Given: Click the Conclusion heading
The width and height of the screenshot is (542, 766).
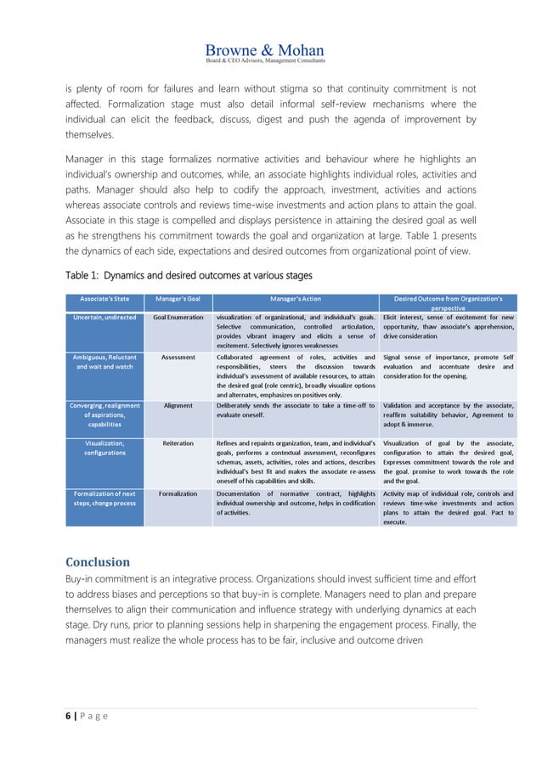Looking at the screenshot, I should click(98, 561).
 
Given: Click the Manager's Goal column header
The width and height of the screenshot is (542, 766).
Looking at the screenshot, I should click(178, 299).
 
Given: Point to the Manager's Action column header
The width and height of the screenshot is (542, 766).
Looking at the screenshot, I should click(295, 299).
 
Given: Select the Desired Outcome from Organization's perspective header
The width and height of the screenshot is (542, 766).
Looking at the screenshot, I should click(448, 303).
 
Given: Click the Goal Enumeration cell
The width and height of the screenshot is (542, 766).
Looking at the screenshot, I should click(178, 317).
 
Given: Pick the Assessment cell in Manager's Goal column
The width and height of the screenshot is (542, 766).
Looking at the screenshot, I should click(178, 358).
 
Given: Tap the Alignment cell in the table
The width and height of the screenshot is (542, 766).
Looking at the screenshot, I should click(178, 406).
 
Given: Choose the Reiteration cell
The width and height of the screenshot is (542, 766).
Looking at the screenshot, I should click(178, 443).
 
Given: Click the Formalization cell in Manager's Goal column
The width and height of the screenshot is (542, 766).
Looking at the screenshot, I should click(178, 493).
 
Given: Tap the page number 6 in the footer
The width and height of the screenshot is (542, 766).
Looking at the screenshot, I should click(68, 717).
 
